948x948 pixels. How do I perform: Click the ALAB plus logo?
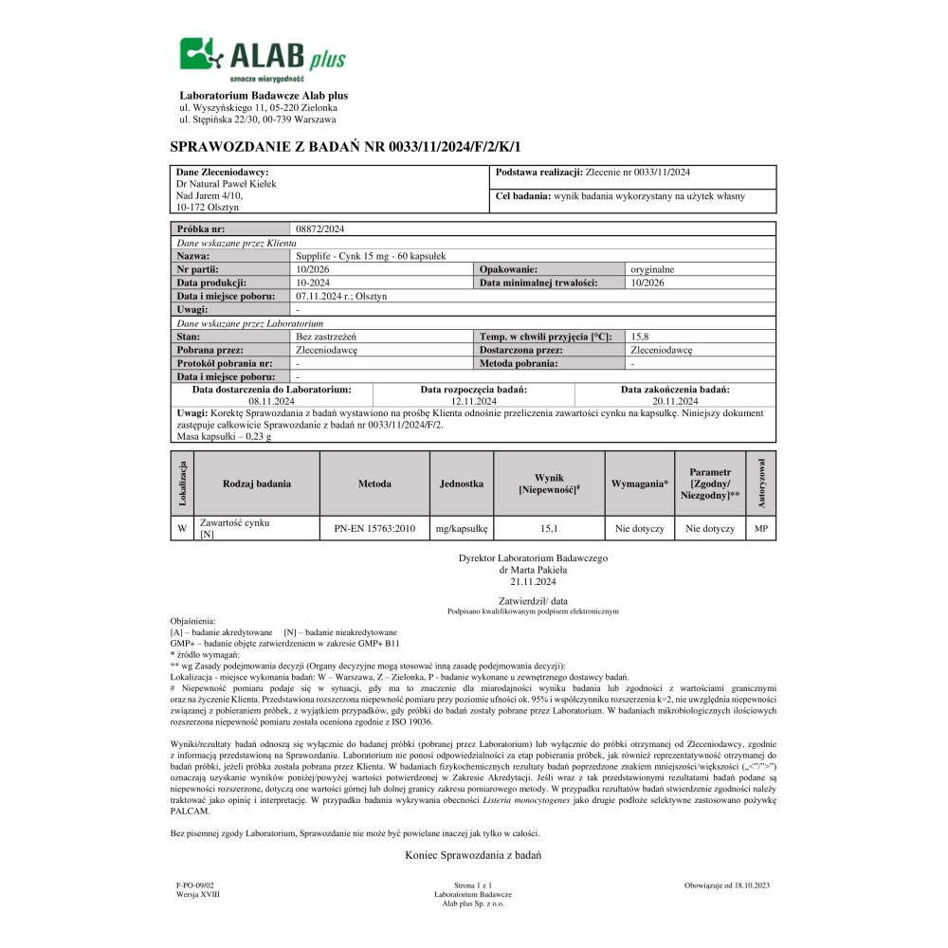tap(263, 59)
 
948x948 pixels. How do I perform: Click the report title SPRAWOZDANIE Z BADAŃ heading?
tap(345, 146)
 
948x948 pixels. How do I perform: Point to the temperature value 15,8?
tap(641, 337)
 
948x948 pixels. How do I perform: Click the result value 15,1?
tap(549, 528)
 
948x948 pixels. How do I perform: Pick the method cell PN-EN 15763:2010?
tap(374, 528)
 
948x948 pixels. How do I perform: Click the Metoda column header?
tap(374, 483)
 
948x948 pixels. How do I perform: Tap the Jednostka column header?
tap(462, 483)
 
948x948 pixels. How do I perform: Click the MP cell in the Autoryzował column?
tap(760, 528)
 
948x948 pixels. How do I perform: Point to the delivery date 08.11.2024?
tap(273, 402)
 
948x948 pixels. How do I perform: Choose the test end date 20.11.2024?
tap(675, 402)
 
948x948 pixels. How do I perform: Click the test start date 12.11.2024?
tap(474, 402)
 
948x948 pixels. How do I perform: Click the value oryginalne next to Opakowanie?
tap(652, 269)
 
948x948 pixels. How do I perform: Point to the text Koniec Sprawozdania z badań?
tap(472, 854)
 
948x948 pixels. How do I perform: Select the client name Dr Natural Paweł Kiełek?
tap(227, 184)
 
